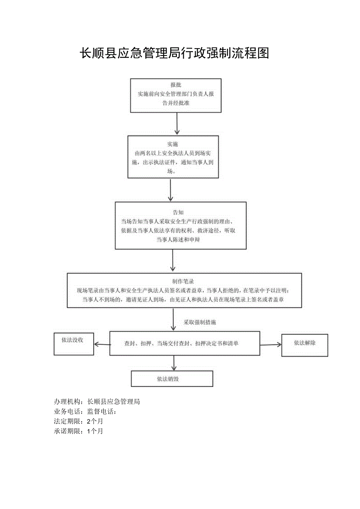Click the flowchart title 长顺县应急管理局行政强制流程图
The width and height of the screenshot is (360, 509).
click(175, 53)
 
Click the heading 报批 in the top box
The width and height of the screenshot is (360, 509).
click(176, 85)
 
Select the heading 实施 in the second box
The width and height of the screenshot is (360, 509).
click(173, 144)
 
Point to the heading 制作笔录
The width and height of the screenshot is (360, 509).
click(183, 282)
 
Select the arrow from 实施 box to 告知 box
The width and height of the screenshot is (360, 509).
click(171, 190)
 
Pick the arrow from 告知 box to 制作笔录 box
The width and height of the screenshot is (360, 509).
click(173, 261)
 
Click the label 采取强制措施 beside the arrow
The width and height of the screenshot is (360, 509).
click(200, 322)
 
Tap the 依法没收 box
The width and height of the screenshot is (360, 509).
click(74, 344)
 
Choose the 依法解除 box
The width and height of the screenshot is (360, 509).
click(304, 345)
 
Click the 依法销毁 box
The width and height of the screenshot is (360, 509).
click(172, 379)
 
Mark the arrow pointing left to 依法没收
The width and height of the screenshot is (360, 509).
click(102, 345)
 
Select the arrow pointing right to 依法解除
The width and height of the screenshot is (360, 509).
click(271, 345)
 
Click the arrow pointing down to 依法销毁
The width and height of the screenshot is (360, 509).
click(174, 363)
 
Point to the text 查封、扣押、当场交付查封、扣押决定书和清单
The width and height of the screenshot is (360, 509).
click(182, 344)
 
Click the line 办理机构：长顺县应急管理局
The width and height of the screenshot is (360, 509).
click(97, 401)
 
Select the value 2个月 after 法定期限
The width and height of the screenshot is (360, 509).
click(95, 421)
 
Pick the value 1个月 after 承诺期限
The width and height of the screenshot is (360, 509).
click(95, 431)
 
